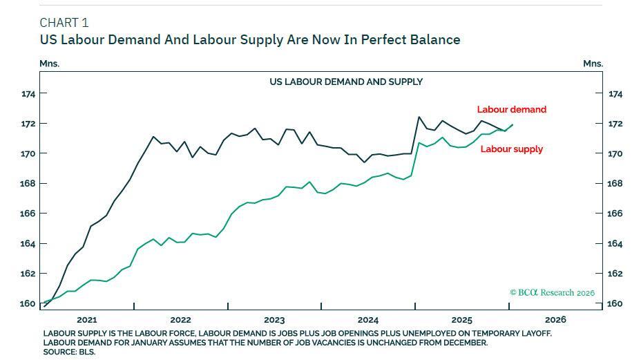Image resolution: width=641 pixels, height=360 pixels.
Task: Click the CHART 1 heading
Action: coord(64,23)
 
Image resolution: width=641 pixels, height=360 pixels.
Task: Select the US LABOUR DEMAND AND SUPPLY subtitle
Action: coord(346,82)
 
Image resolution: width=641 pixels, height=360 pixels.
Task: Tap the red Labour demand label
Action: coord(511,109)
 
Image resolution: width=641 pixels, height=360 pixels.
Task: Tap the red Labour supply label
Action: coord(511,149)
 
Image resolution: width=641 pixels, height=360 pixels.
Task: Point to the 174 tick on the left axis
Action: coord(28,93)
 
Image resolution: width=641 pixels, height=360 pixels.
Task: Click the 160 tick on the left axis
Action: coord(28,303)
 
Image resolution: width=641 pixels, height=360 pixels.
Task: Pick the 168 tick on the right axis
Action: coord(615,183)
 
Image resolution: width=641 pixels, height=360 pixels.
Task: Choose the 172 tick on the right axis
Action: coord(615,124)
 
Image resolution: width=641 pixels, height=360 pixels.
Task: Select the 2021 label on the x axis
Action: coord(87,319)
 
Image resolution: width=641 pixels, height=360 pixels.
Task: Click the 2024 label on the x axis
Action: coord(368,319)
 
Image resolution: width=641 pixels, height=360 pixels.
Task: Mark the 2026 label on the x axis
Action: coord(555,319)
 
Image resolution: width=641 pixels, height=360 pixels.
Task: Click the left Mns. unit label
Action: coord(49,64)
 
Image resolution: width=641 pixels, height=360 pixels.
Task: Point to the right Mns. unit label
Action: coord(593,64)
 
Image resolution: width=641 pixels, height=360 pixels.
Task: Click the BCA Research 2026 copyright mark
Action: coord(552,292)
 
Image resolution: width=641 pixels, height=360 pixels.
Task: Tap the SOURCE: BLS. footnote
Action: coord(69,352)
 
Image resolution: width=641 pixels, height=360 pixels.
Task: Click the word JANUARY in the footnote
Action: coord(165,343)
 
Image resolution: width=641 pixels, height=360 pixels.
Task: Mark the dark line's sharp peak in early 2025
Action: coord(419,117)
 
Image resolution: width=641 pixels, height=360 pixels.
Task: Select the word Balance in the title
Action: coord(435,39)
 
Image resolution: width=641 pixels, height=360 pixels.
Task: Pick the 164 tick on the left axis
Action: coord(28,243)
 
